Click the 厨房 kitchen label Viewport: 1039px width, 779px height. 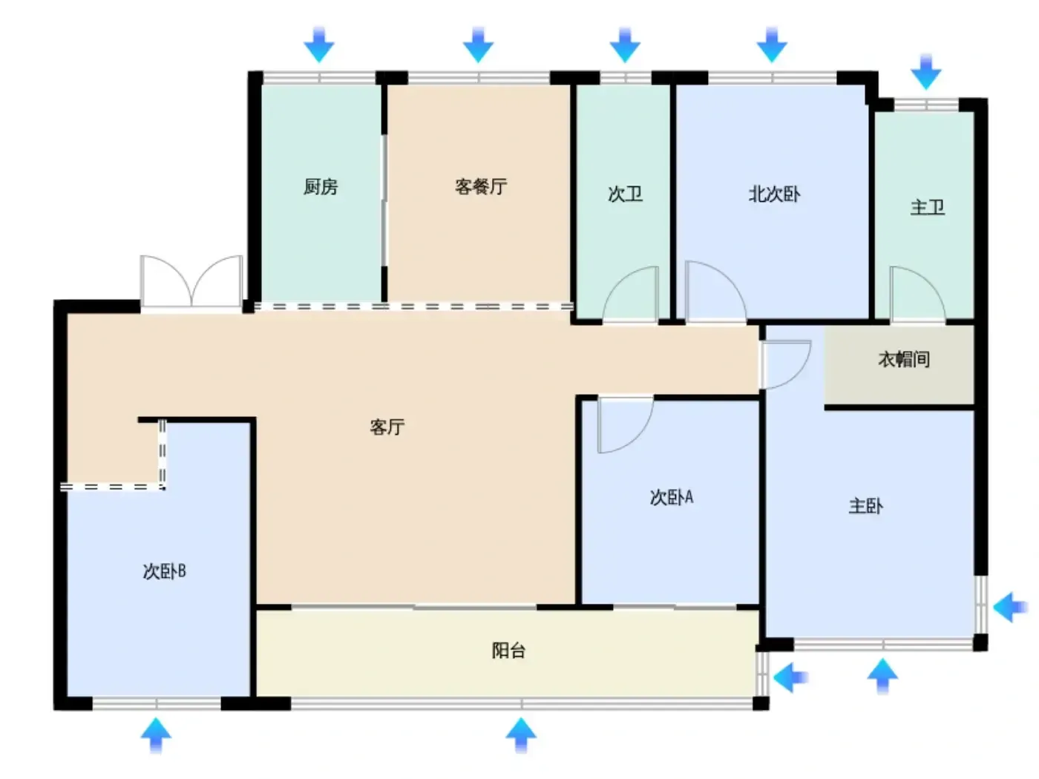321,186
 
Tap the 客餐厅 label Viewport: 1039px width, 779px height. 481,186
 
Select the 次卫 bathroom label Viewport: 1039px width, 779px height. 626,194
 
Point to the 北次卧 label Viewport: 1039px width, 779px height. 774,194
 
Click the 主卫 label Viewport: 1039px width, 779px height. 927,207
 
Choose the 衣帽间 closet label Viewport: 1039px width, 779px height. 904,360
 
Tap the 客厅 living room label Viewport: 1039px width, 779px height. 387,427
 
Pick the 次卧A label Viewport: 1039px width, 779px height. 671,497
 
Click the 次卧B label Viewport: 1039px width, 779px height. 164,571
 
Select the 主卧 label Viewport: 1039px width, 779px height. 866,506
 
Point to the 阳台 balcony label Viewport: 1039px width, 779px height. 508,651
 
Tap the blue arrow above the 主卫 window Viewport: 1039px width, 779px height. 926,72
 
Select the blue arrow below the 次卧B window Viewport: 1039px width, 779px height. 156,735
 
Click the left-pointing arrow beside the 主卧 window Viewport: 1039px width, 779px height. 1010,607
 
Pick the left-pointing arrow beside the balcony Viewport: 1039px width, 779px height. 790,677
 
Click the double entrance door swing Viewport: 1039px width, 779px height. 191,282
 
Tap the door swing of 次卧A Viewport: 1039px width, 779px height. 626,424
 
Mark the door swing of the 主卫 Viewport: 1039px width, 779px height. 918,295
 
